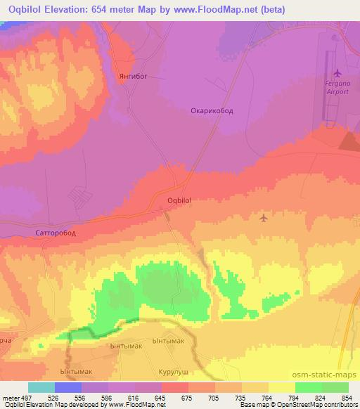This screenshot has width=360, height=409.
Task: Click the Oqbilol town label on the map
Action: (x=179, y=200)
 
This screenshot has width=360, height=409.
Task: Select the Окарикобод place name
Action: (x=213, y=110)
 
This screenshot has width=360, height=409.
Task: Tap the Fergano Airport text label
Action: (x=337, y=89)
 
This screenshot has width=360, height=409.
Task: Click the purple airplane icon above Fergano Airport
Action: (x=337, y=72)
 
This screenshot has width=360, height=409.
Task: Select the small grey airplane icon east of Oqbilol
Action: (x=264, y=218)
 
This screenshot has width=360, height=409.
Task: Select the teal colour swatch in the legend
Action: (x=41, y=387)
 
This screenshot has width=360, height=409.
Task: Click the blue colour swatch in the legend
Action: (x=68, y=387)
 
